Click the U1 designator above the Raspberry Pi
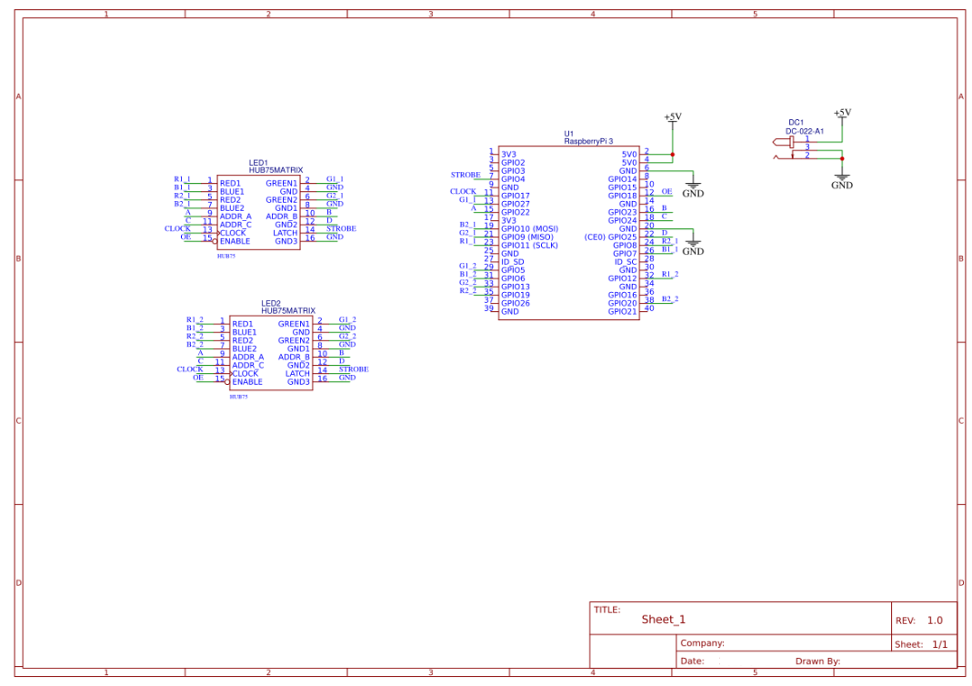569,133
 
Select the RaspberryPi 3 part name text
588,141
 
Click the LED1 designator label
258,163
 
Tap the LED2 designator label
271,304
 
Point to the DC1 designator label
796,123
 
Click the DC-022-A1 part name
805,131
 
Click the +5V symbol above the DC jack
842,113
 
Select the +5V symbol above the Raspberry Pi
672,116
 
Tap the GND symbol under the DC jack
842,185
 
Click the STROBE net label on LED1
341,228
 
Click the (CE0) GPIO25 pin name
610,237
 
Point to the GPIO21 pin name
623,311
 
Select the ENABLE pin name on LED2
247,382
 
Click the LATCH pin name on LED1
286,233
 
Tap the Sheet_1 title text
663,620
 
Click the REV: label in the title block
905,620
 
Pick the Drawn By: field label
817,661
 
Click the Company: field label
703,643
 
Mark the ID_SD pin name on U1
513,262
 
